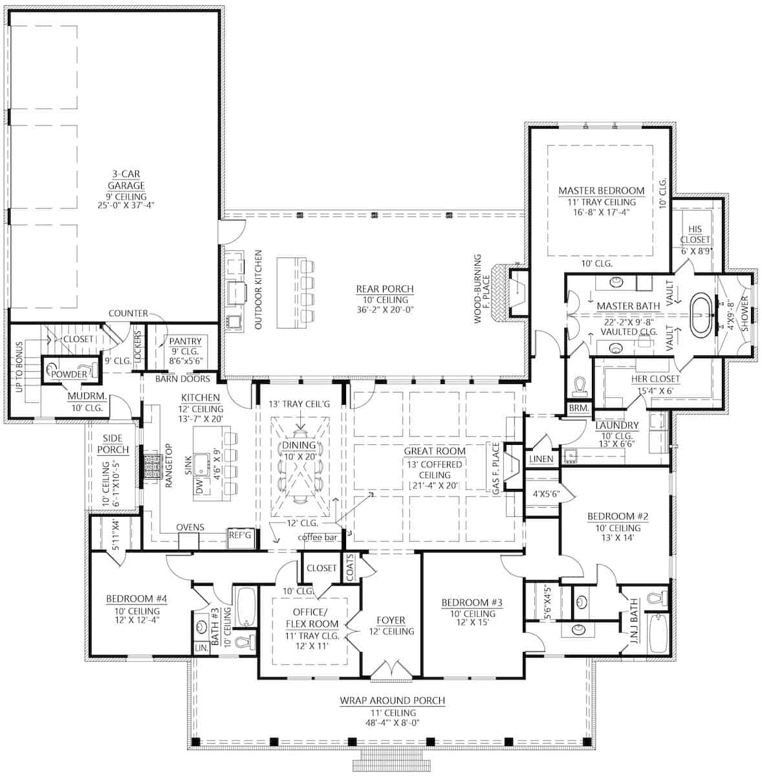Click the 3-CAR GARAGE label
(126, 180)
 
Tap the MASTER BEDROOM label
(601, 191)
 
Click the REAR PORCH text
(384, 289)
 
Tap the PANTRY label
(185, 341)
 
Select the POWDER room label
(69, 374)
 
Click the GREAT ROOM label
(434, 451)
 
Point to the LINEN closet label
(541, 459)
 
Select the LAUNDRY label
(617, 426)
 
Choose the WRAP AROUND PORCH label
(392, 700)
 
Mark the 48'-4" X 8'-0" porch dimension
(392, 724)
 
